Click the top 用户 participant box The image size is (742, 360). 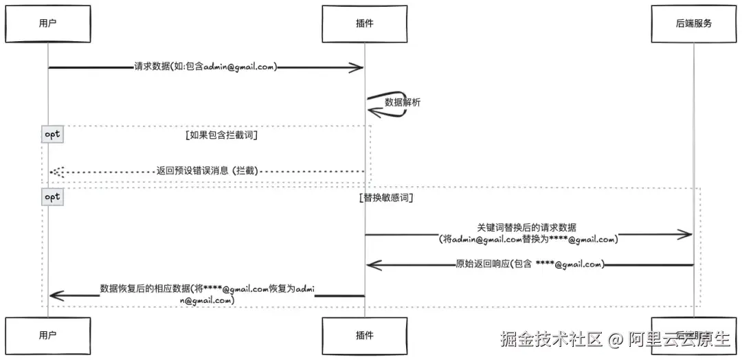tap(47, 23)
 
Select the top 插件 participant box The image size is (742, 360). tap(364, 23)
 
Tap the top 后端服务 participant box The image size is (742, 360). tap(693, 23)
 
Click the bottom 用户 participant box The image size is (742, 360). tap(47, 335)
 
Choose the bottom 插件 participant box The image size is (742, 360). tap(364, 335)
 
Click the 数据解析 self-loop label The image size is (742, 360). tap(403, 102)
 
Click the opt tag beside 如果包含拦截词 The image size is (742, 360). tap(53, 134)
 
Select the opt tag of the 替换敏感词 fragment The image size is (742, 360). tap(53, 196)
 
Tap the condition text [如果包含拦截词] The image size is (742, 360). tap(221, 135)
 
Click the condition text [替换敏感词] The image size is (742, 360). tap(385, 197)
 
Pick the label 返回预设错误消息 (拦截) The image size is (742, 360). tap(207, 170)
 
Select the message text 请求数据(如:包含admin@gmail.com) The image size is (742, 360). tap(205, 67)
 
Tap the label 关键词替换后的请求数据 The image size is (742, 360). tap(527, 227)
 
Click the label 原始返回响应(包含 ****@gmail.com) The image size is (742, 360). tap(529, 265)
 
